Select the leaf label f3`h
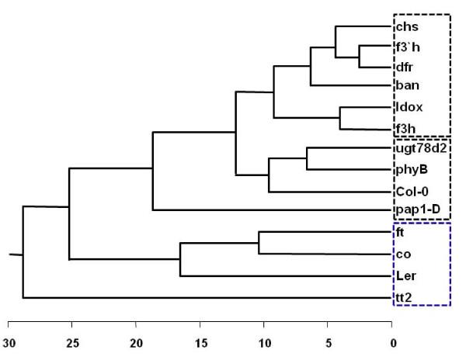[409, 47]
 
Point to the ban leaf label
[406, 86]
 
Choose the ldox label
[408, 107]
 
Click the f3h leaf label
[405, 128]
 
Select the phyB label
[410, 169]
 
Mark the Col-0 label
[411, 190]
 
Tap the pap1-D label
[415, 210]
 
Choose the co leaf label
[402, 254]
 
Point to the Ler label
[405, 275]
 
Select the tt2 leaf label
[403, 298]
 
